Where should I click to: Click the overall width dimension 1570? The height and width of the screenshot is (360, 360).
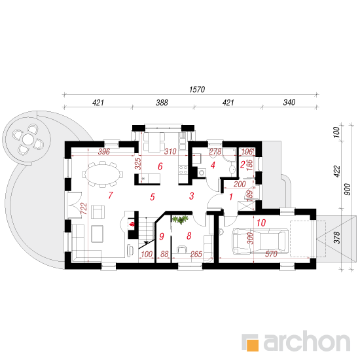[x=197, y=89]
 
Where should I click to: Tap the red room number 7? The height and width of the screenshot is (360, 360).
[x=111, y=195]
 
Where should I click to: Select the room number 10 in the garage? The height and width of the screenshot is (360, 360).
[x=261, y=223]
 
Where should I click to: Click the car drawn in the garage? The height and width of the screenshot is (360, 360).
[x=260, y=242]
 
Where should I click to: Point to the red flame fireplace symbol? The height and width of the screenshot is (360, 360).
[x=132, y=224]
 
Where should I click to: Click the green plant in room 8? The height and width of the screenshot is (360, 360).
[x=180, y=219]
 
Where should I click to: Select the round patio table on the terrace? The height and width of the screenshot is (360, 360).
[x=27, y=139]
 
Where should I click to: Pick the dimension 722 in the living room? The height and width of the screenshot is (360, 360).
[x=84, y=208]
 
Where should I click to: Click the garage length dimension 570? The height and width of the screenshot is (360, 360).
[x=271, y=254]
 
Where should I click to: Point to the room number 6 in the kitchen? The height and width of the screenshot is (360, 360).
[x=160, y=166]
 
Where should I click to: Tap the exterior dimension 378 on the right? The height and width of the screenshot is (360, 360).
[x=336, y=238]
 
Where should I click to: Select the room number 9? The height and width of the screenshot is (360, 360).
[x=162, y=236]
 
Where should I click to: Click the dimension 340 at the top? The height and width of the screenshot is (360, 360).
[x=289, y=102]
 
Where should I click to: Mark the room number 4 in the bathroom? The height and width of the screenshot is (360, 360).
[x=213, y=165]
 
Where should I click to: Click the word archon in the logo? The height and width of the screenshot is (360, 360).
[x=306, y=342]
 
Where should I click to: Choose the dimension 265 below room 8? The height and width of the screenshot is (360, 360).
[x=196, y=254]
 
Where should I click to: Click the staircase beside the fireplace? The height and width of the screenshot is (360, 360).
[x=146, y=232]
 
